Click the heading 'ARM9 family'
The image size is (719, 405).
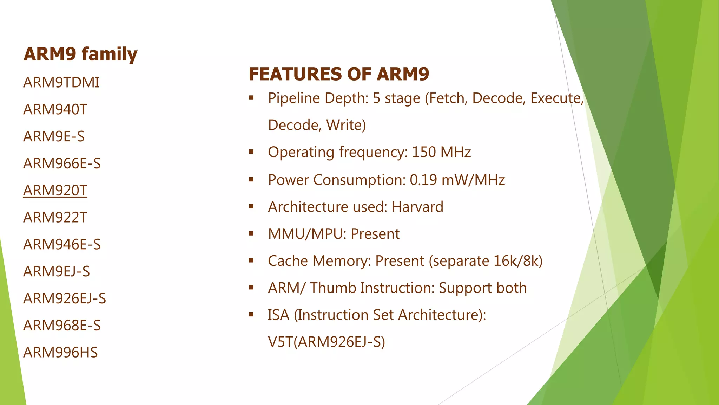point(80,54)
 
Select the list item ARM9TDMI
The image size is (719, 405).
point(61,83)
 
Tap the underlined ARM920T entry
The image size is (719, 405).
point(55,191)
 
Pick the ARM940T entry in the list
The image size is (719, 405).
point(55,110)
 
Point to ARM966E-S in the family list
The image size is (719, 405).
point(62,163)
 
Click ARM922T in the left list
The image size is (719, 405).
point(55,218)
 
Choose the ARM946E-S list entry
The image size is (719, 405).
point(62,245)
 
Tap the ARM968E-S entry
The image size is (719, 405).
point(62,326)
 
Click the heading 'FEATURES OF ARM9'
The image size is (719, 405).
point(339,74)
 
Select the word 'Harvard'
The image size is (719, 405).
point(417,207)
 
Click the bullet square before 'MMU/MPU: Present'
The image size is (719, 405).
point(251,233)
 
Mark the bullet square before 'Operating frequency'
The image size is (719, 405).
point(251,152)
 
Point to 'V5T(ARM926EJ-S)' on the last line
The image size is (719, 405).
point(326,342)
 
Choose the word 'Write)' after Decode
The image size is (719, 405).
point(346,125)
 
